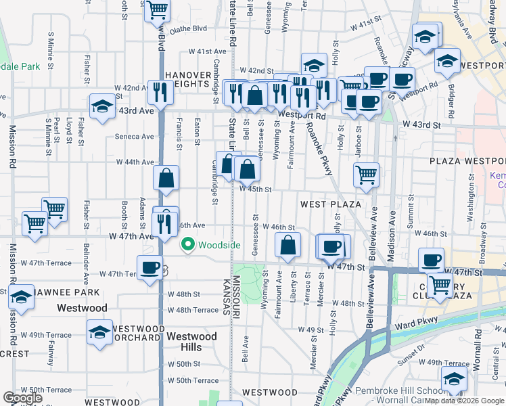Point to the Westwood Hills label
point(192,342)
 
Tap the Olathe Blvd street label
point(188,29)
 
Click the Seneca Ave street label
point(135,136)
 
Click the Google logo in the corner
point(23,398)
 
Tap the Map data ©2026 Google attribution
point(465,401)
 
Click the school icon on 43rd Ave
point(102,107)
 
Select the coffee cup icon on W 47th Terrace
point(149,267)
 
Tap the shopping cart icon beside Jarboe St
point(365,174)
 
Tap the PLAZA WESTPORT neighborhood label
point(467,161)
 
